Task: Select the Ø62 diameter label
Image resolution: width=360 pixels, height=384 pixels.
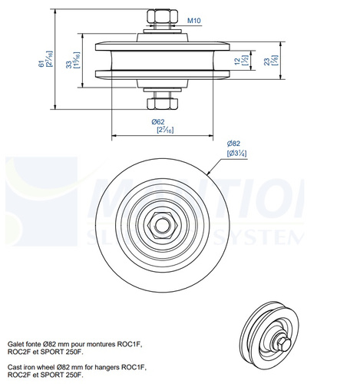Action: (159, 121)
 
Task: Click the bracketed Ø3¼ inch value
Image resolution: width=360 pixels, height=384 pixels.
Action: (235, 154)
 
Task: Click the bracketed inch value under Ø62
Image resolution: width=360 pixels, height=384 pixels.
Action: (159, 131)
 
